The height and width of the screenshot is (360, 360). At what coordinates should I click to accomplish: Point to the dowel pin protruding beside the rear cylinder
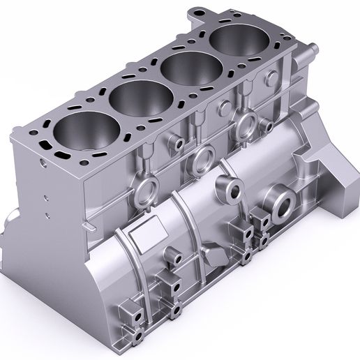tap(311, 50)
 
